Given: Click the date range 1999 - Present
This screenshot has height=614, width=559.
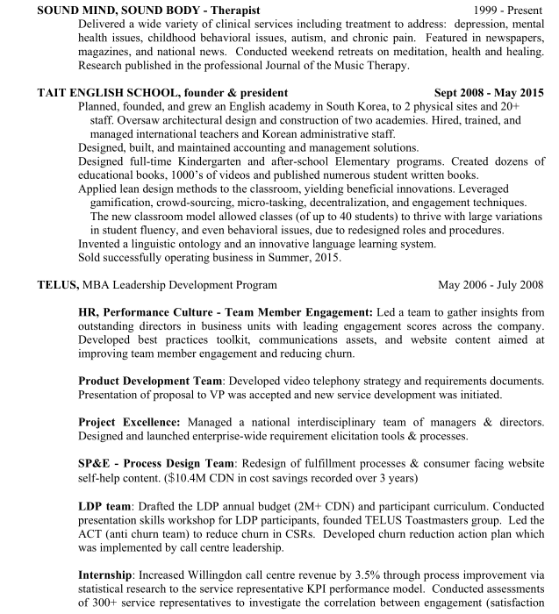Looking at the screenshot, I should [x=508, y=9].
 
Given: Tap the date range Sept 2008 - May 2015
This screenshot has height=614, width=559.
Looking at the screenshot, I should [x=489, y=92].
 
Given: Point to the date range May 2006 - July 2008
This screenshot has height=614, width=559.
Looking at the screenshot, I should [x=491, y=285].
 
